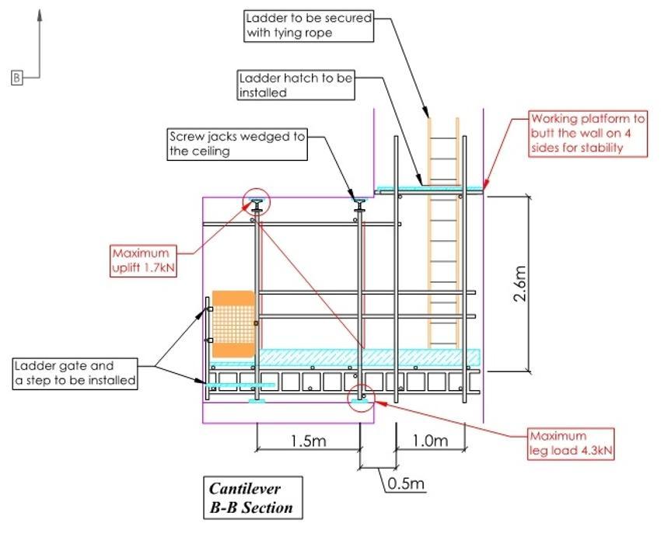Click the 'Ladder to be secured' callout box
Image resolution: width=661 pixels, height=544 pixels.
tap(309, 25)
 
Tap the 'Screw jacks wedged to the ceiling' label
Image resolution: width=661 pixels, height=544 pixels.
tap(236, 145)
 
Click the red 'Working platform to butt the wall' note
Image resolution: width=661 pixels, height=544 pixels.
tap(588, 133)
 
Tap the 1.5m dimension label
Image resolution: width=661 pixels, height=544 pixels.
tap(308, 441)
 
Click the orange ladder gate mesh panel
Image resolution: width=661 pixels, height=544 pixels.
tap(233, 324)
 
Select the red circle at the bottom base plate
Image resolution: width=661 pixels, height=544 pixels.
tap(361, 397)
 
